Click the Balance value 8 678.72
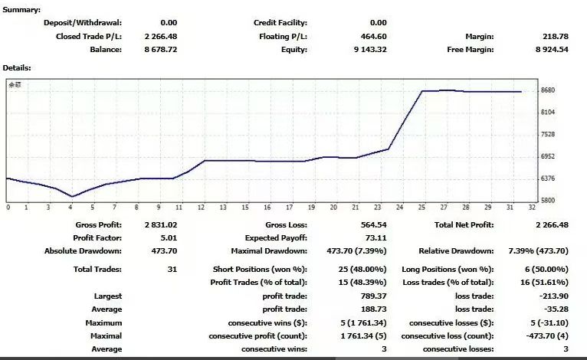point(160,50)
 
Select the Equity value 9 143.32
point(371,50)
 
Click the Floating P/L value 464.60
point(374,36)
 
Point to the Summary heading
point(21,9)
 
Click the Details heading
point(17,67)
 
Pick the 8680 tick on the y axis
point(547,90)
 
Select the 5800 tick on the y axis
point(547,201)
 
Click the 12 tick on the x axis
point(202,208)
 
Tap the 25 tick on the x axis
point(421,208)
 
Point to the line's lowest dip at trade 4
point(72,196)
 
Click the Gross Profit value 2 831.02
point(160,224)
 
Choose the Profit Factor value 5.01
point(169,237)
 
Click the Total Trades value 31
point(172,270)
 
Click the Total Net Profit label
point(464,224)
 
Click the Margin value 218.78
point(555,36)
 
